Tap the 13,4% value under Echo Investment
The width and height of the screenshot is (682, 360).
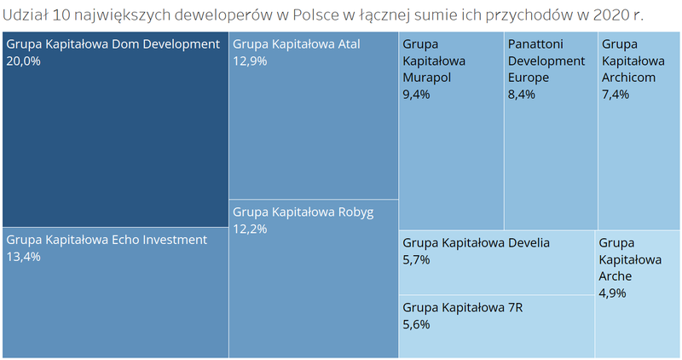pyautogui.click(x=23, y=257)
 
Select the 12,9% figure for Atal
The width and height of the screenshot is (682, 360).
pyautogui.click(x=248, y=61)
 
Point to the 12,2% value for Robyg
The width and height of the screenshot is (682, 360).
pyautogui.click(x=248, y=228)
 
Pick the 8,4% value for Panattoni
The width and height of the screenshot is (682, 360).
pyautogui.click(x=521, y=95)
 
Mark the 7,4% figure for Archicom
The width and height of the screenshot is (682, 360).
pyautogui.click(x=615, y=95)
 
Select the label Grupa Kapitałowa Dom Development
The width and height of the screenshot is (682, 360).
pyautogui.click(x=112, y=44)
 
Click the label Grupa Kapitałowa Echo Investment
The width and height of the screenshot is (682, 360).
pyautogui.click(x=107, y=240)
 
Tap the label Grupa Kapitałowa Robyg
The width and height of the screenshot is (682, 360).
pyautogui.click(x=303, y=211)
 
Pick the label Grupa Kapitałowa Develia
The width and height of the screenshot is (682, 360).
pyautogui.click(x=476, y=242)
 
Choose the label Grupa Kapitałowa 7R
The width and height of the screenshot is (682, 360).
pyautogui.click(x=462, y=307)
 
